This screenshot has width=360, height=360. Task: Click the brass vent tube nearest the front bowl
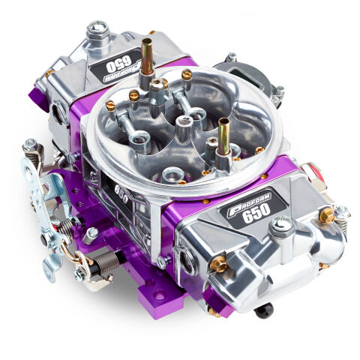click(223, 135)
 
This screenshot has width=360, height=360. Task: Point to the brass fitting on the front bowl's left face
click(217, 263)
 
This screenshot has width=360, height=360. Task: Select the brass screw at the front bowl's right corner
click(326, 217)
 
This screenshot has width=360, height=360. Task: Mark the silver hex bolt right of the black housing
click(278, 91)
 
